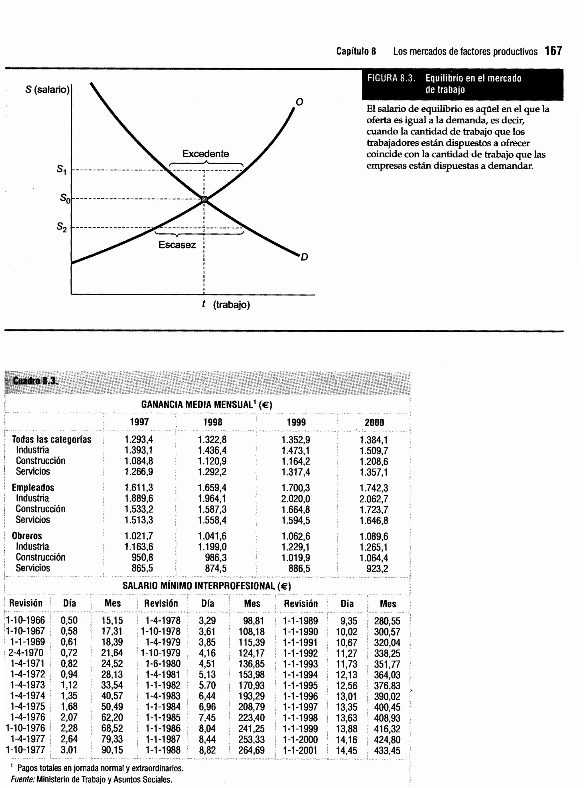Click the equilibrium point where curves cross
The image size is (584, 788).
click(204, 199)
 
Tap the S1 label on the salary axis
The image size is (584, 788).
click(62, 170)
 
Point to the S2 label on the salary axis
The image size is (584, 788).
click(62, 227)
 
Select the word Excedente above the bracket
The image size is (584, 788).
click(205, 154)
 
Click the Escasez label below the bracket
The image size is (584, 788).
click(177, 245)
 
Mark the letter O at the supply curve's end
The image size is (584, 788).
click(299, 102)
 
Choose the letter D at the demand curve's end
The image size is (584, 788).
click(304, 257)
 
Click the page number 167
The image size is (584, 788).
click(553, 51)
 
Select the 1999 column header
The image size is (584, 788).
click(296, 422)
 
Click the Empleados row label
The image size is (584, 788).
click(33, 487)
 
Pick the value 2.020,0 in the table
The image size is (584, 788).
click(295, 499)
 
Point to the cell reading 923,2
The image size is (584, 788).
click(377, 569)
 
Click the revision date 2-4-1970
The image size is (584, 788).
click(26, 653)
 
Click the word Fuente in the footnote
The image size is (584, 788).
click(22, 779)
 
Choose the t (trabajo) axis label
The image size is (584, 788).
click(226, 304)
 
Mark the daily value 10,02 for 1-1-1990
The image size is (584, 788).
click(346, 632)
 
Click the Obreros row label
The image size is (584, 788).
click(27, 536)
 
